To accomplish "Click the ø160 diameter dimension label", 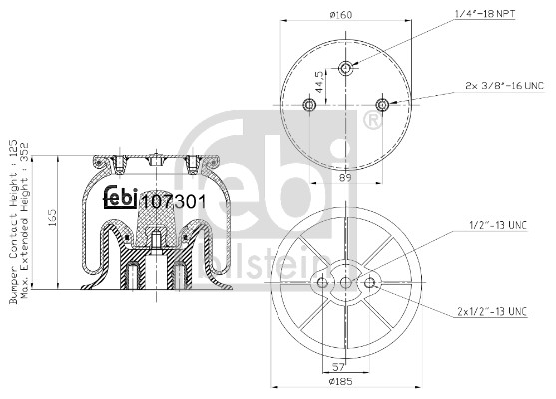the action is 340,15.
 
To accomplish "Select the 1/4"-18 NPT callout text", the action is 485,14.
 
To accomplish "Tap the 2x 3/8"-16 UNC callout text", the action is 504,86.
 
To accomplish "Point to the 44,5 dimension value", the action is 319,82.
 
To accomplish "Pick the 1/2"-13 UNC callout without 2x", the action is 498,225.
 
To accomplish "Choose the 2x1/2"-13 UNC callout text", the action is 492,312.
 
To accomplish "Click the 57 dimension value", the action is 339,366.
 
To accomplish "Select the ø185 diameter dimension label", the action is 340,381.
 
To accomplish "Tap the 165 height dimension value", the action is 52,218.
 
